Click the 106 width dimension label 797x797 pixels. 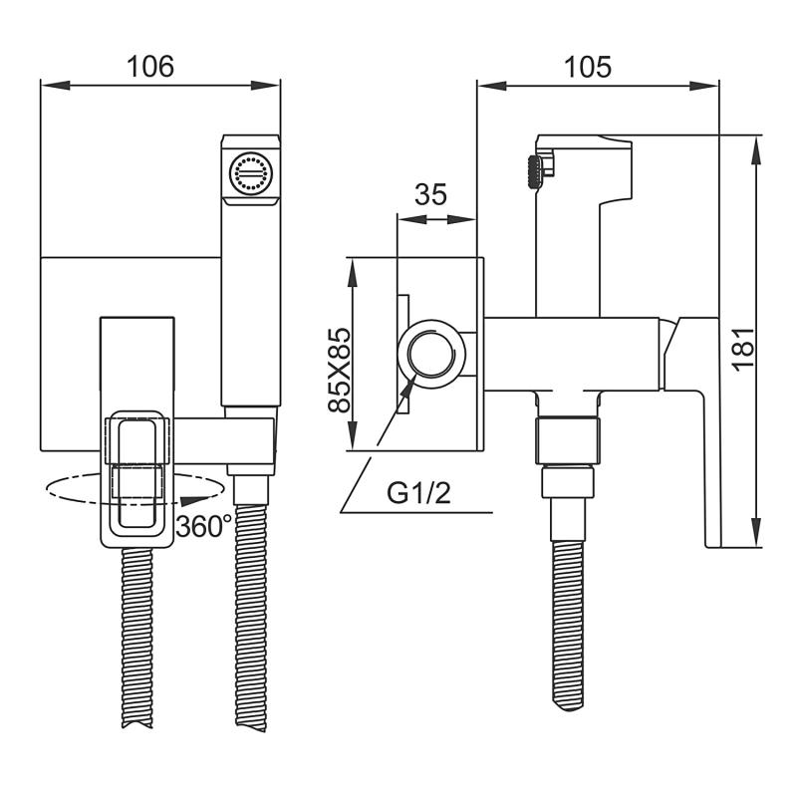pos(150,66)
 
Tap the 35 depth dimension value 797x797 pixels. pos(429,194)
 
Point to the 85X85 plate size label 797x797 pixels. pos(339,371)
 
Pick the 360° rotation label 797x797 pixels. pos(204,526)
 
